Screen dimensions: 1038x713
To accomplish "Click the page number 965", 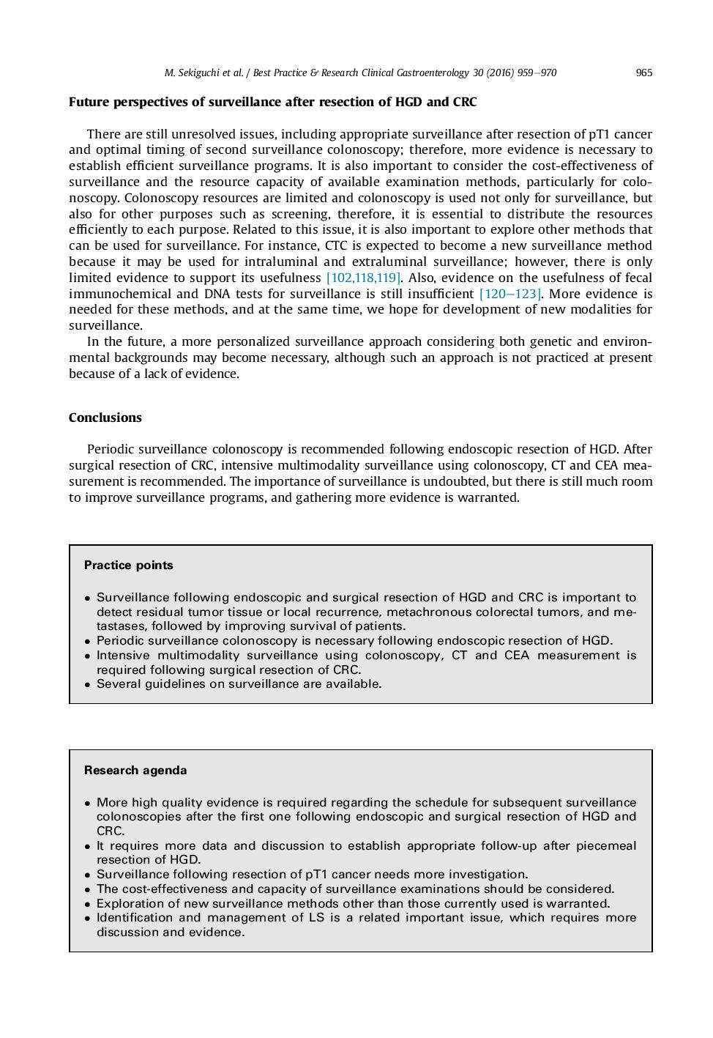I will click(x=643, y=73).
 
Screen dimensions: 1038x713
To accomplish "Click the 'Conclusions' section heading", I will click(x=105, y=418).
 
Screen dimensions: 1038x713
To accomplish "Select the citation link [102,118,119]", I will click(x=363, y=278).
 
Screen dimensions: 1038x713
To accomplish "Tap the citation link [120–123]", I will click(x=510, y=294).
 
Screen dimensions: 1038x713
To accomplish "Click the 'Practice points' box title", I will click(x=129, y=566).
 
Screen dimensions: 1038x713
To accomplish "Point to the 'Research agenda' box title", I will click(x=135, y=771).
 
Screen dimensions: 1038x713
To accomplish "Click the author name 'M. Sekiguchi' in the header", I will click(x=193, y=73).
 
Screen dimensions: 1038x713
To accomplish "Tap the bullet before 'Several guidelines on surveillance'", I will click(x=88, y=685).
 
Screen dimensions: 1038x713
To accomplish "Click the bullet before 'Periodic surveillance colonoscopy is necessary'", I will click(x=88, y=642).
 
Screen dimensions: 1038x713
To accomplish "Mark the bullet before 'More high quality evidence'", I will click(x=88, y=804).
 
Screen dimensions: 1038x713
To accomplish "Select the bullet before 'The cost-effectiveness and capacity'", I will click(x=88, y=890).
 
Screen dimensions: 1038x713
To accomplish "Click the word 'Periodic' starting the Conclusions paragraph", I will click(x=111, y=449).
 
